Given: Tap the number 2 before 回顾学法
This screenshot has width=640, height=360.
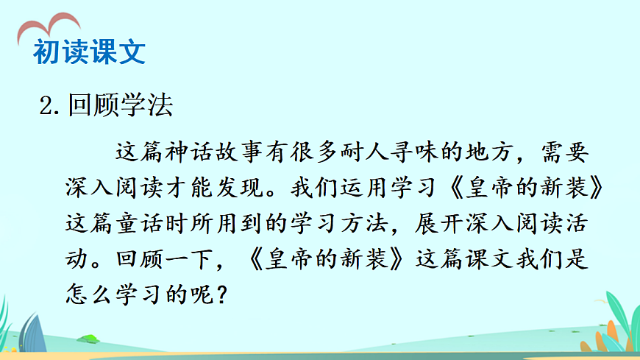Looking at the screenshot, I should tap(48, 107).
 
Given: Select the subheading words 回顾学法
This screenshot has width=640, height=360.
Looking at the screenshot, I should tap(120, 106).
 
